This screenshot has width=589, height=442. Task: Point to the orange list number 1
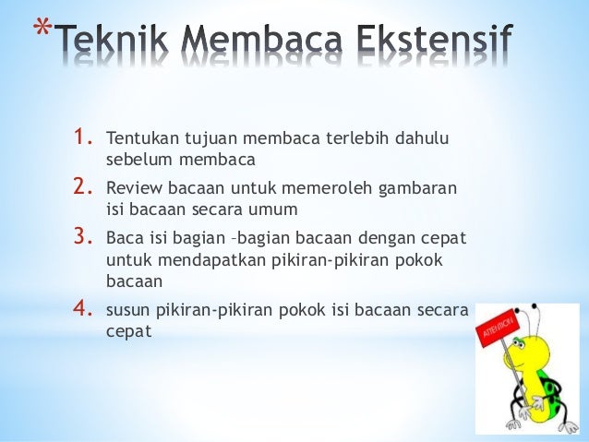pos(85,139)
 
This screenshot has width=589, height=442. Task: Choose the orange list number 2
pos(85,189)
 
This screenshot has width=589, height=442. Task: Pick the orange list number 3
pos(85,239)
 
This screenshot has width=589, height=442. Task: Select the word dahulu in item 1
pos(422,140)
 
